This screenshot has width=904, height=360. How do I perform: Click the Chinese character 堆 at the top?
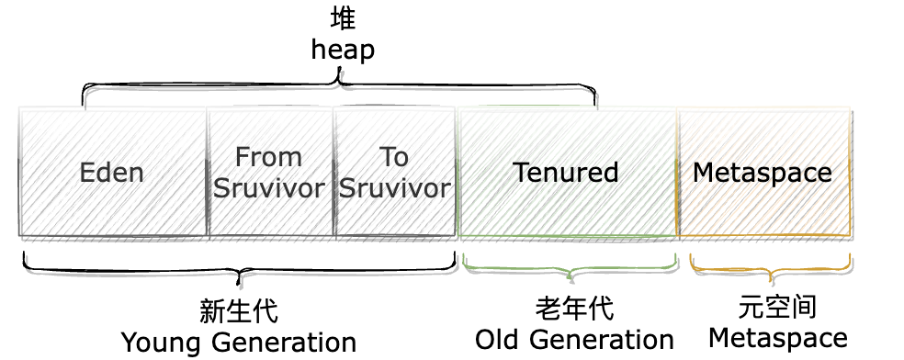(343, 18)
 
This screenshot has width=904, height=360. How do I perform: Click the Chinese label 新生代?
(239, 310)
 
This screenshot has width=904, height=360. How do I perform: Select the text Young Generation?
(239, 343)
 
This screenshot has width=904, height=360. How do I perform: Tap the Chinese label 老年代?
(574, 308)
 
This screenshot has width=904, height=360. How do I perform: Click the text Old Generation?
(574, 339)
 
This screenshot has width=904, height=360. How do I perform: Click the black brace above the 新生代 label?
(239, 272)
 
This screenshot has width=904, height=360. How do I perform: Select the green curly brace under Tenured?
(571, 269)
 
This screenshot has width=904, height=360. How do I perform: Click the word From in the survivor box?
(268, 157)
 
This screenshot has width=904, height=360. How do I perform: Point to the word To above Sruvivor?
(394, 157)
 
